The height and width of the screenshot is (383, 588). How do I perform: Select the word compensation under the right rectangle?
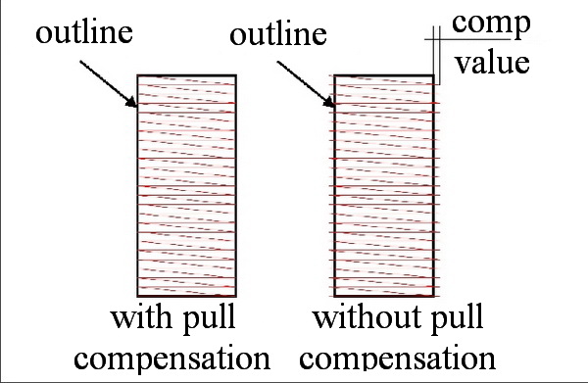tap(405, 353)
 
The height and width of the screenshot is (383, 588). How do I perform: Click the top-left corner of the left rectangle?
tap(138, 74)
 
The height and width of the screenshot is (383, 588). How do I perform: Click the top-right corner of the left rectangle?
tap(234, 74)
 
